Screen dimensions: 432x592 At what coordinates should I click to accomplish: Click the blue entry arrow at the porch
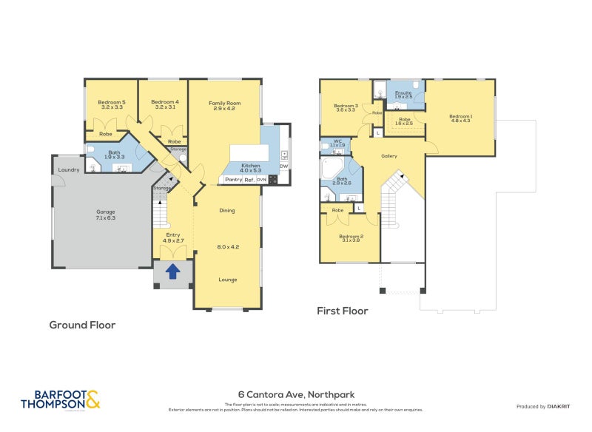[172, 271]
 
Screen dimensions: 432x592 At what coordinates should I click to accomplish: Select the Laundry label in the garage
[69, 170]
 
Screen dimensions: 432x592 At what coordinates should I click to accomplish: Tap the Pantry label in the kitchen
[233, 180]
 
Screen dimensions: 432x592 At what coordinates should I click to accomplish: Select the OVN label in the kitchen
[261, 180]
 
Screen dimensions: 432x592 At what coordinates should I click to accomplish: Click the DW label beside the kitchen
[283, 166]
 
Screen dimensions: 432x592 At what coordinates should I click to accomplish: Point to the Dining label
[227, 211]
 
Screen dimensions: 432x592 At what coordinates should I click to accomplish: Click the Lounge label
[227, 280]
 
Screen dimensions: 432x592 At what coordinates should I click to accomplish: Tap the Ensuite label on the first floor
[403, 93]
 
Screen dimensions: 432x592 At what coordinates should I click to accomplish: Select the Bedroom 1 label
[460, 117]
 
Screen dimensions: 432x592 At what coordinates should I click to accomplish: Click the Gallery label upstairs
[389, 156]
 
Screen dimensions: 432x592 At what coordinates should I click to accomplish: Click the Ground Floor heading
[82, 325]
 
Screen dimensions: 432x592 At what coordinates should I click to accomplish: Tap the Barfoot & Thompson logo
[60, 399]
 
